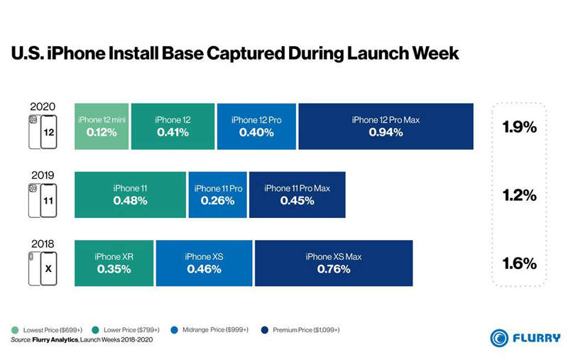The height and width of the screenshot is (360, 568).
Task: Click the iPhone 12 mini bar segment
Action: click(102, 126)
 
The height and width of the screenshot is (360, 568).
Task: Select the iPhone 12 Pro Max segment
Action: click(386, 126)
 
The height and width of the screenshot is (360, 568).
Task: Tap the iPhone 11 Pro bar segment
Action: click(218, 195)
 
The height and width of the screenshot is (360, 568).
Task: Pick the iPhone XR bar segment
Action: click(113, 262)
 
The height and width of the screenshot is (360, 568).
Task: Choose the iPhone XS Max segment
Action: click(334, 262)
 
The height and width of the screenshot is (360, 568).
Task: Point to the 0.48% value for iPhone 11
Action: click(130, 201)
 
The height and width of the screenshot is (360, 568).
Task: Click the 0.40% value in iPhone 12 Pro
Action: click(256, 133)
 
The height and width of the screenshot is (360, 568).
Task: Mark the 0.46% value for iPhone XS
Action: click(204, 269)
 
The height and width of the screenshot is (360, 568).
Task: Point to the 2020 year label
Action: click(42, 104)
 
